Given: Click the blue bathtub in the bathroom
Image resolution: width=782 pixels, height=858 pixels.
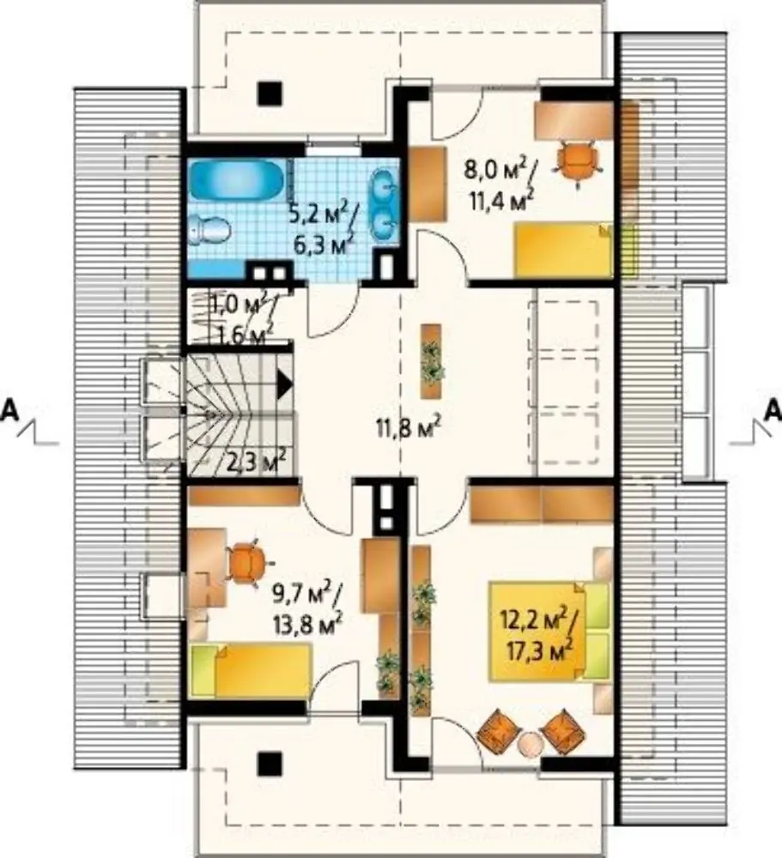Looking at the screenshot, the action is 237,180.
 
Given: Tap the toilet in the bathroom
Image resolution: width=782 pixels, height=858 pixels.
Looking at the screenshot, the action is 209,230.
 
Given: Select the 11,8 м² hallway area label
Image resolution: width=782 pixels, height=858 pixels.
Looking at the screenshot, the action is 409,427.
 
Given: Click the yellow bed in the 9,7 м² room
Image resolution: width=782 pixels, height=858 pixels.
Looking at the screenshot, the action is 250,671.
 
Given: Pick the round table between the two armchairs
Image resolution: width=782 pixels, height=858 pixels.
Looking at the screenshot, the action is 530,744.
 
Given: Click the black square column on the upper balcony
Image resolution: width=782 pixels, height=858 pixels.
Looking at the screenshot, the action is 270,93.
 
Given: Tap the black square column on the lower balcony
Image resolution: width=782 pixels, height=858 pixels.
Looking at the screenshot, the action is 270,764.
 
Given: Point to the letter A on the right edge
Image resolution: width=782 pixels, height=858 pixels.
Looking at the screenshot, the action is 773,410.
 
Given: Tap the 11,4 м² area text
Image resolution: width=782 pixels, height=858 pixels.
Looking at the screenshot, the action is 500,200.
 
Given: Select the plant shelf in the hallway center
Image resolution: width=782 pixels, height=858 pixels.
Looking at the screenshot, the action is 432,361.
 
